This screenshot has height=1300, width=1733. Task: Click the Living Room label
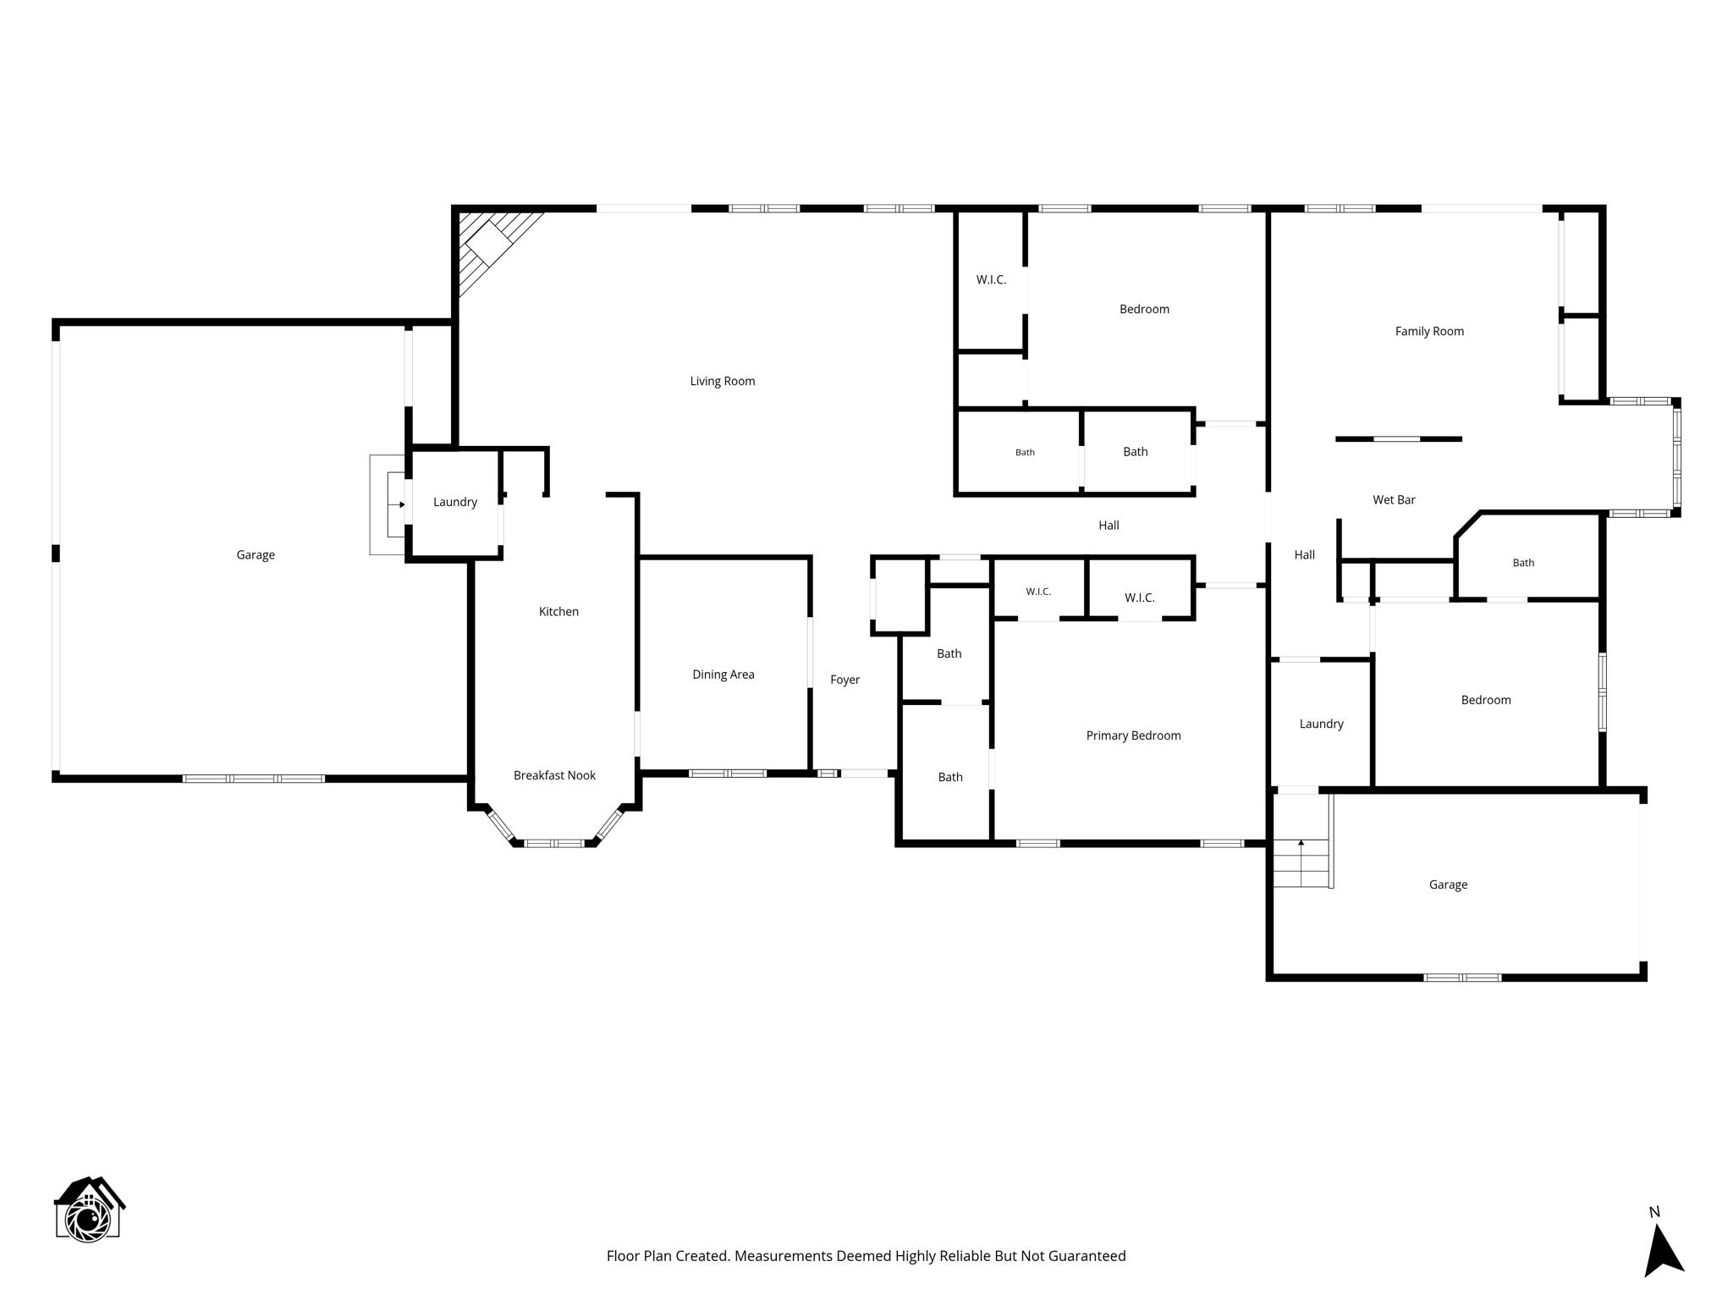(723, 381)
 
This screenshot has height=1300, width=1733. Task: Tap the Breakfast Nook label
(554, 775)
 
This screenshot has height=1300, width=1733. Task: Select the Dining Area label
(723, 675)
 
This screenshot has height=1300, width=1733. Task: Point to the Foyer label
(844, 680)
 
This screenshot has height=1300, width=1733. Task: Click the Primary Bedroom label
(1134, 735)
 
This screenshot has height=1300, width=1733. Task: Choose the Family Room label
(1429, 331)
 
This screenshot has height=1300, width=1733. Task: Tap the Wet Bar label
(1394, 499)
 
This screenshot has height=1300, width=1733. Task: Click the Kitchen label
(558, 611)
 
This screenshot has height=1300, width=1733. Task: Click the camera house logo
(89, 1209)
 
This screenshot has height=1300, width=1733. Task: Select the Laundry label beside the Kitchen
(455, 502)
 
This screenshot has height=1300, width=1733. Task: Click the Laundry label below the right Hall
(1321, 724)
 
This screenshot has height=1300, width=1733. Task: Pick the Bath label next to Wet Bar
(1523, 562)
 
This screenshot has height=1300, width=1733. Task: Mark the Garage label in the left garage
(256, 555)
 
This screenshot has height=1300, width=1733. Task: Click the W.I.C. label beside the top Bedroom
(991, 279)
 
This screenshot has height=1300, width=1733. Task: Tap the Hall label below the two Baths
(1109, 525)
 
